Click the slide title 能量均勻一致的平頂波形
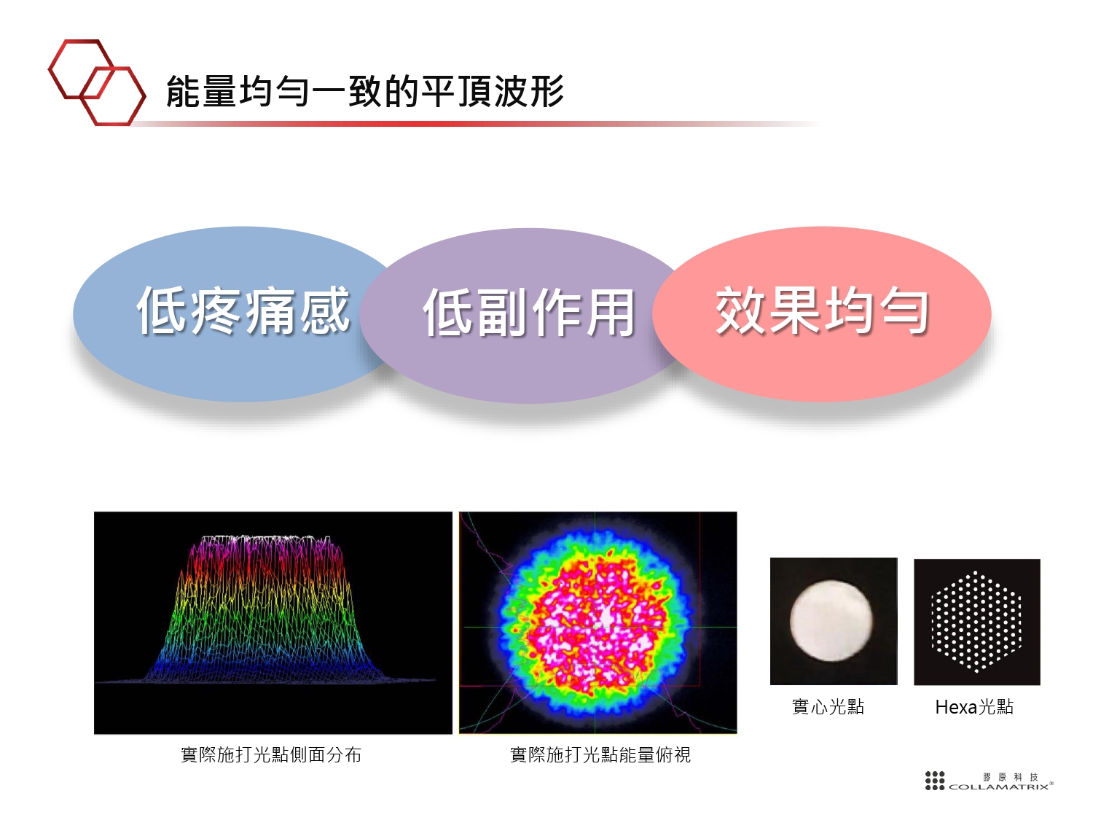click(x=364, y=92)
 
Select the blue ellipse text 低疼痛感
click(x=243, y=311)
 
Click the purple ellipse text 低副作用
click(x=529, y=313)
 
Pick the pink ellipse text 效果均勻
click(x=822, y=311)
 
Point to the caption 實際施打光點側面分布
click(x=271, y=755)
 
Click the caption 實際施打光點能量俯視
click(x=600, y=755)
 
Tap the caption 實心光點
click(x=828, y=707)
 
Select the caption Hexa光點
click(x=974, y=707)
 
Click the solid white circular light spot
click(x=831, y=621)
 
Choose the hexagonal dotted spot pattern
click(x=976, y=622)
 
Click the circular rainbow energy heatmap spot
click(x=598, y=623)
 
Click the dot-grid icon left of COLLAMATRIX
click(x=935, y=781)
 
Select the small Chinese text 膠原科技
click(x=1011, y=777)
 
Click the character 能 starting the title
click(x=183, y=92)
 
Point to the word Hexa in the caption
click(x=955, y=707)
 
